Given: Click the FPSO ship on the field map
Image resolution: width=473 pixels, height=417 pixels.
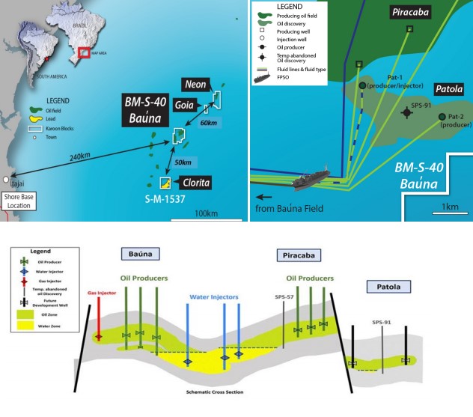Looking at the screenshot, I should [x=302, y=180].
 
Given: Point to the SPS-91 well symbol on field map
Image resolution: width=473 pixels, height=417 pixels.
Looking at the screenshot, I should [x=406, y=112].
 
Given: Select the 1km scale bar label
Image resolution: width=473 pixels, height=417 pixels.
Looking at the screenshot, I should [x=450, y=206].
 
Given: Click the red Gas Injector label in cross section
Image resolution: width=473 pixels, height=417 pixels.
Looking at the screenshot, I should [x=103, y=293].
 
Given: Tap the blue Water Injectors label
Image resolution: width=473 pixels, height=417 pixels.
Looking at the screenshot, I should [x=213, y=297].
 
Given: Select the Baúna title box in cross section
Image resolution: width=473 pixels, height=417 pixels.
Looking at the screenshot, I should [x=138, y=255].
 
